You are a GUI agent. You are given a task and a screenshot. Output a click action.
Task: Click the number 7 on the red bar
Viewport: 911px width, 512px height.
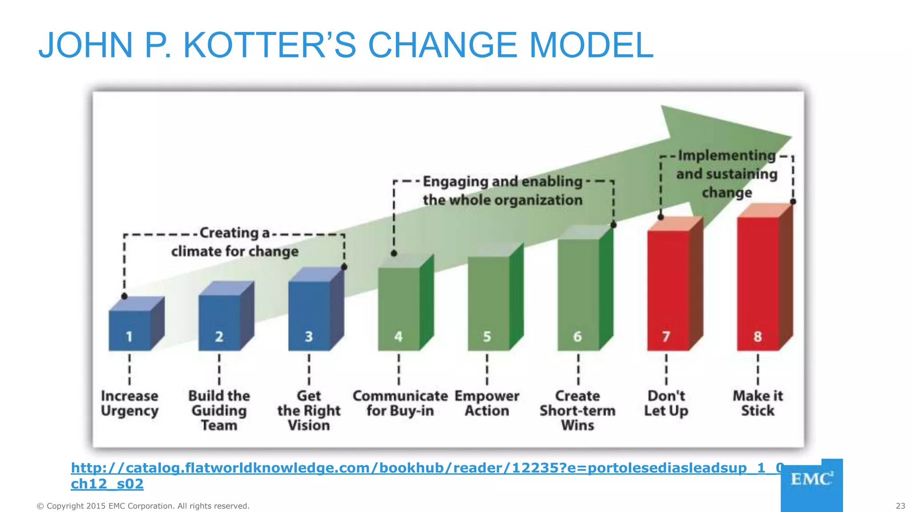pos(666,336)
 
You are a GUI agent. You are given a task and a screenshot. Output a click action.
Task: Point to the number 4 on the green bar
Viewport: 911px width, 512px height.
pos(399,336)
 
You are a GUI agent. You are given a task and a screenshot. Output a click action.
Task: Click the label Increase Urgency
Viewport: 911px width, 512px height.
pos(129,403)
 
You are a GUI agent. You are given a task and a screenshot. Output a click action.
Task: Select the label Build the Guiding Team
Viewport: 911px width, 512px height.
pos(219,410)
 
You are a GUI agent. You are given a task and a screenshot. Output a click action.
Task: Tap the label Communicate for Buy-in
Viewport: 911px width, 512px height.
pos(400,403)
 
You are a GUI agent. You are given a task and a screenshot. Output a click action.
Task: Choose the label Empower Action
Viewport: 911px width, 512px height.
pos(487,403)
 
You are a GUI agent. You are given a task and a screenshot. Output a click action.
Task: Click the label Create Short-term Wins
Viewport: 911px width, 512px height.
pos(577,410)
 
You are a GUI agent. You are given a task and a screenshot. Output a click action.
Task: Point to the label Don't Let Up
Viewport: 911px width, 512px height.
pos(666,403)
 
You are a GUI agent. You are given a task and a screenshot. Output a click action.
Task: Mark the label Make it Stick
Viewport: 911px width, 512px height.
pos(758,403)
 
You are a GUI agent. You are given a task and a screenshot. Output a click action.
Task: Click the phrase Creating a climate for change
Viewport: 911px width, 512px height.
pos(235,242)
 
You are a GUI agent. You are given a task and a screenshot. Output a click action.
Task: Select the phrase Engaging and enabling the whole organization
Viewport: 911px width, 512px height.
pos(503,191)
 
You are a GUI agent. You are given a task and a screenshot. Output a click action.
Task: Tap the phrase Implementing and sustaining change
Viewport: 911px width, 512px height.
pos(727,174)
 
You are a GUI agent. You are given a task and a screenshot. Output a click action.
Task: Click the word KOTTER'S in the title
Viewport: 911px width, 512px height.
pos(270,45)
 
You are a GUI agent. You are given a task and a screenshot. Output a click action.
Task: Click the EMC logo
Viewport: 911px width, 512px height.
pos(811,480)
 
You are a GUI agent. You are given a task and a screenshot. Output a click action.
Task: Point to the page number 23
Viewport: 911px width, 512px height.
pos(900,506)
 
